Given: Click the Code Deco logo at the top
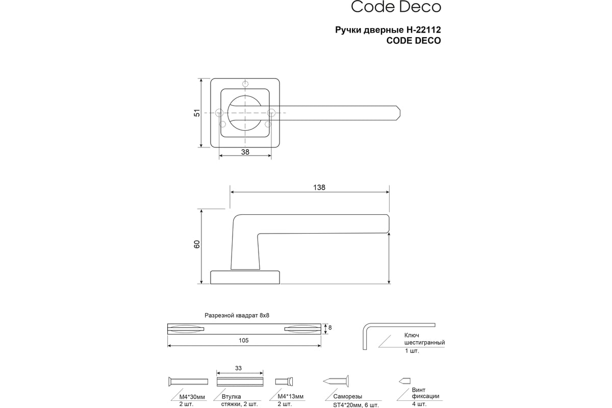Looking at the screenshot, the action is pos(396,7).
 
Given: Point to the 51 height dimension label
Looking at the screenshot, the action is pos(197,113).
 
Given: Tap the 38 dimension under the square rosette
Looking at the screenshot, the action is pos(245,152).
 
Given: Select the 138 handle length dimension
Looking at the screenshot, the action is pos(319,188).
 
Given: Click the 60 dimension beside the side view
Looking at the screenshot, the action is pos(197,244).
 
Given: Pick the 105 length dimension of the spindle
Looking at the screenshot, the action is pos(243,341).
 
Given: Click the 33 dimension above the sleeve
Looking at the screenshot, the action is pos(238,368).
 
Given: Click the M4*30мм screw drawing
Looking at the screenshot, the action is pos(188,382).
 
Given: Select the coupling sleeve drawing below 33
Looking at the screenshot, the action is pos(240,382).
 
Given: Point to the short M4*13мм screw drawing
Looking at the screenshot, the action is pos(284,381).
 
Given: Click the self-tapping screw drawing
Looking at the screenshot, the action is pos(336,381).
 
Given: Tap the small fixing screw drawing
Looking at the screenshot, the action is pos(404,381).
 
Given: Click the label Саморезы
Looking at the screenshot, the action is pos(347,396).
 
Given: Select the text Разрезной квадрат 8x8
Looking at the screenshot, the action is pos(237,316).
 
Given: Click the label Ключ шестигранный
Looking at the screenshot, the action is pos(424,339).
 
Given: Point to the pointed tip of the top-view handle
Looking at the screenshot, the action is pos(400,113).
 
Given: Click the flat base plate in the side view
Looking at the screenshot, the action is pos(245,277).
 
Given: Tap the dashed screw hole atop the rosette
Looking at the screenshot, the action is pos(245,84).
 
